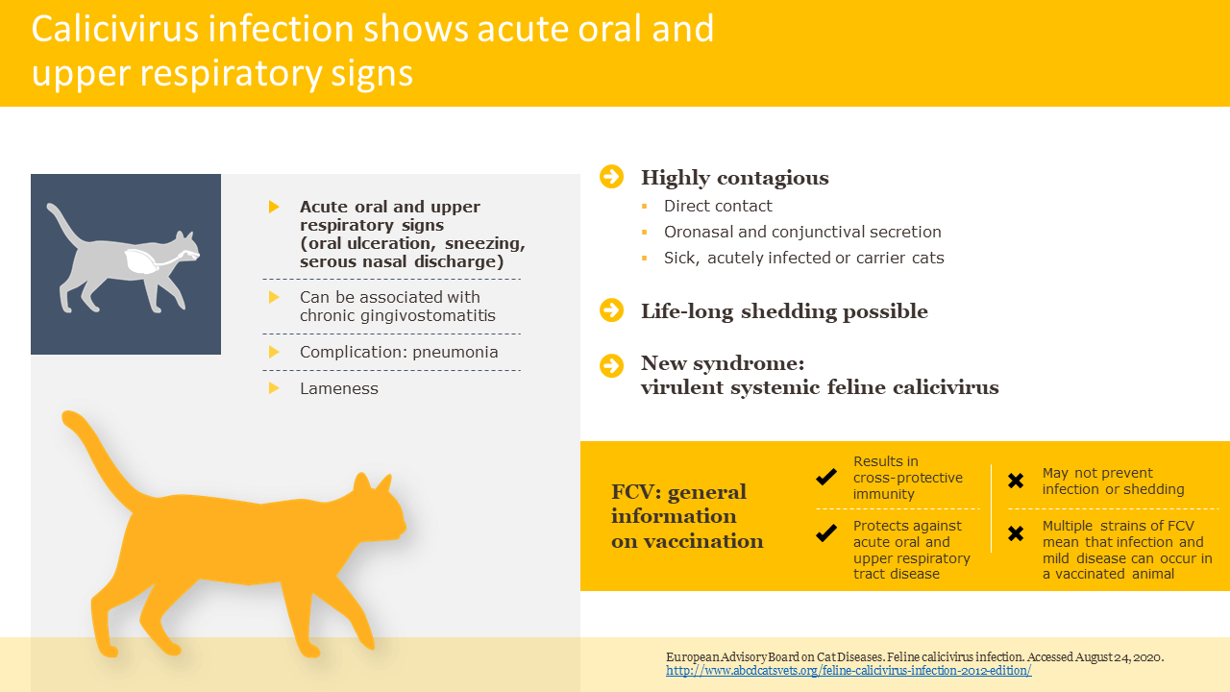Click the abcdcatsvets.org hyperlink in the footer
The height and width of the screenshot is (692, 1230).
coord(849,671)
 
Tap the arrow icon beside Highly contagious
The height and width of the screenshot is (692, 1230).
coord(612,177)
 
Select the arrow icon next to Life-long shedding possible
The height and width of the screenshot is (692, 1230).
coord(612,310)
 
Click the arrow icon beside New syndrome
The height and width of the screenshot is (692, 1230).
coord(612,366)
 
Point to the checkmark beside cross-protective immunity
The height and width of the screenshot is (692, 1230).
coord(826,477)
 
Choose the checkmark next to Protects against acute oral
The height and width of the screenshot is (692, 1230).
coord(826,532)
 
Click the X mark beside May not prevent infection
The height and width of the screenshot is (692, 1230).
coord(1016,482)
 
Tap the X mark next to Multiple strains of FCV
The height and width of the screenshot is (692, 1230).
coord(1016,533)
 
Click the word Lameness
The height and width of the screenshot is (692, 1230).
coord(339,389)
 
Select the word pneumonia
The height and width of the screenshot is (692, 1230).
coord(455,352)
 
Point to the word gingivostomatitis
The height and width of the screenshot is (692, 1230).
coord(428,316)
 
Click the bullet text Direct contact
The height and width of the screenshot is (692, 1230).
coord(718,206)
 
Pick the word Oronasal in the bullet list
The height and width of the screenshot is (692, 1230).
coord(698,232)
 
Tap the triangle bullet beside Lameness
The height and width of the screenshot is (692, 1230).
coord(274,388)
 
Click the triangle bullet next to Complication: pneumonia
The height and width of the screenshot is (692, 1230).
coord(274,352)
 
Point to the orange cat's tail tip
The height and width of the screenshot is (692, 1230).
coord(68,418)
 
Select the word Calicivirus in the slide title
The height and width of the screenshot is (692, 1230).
coord(114,29)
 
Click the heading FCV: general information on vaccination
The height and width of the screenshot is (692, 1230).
coord(687,516)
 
